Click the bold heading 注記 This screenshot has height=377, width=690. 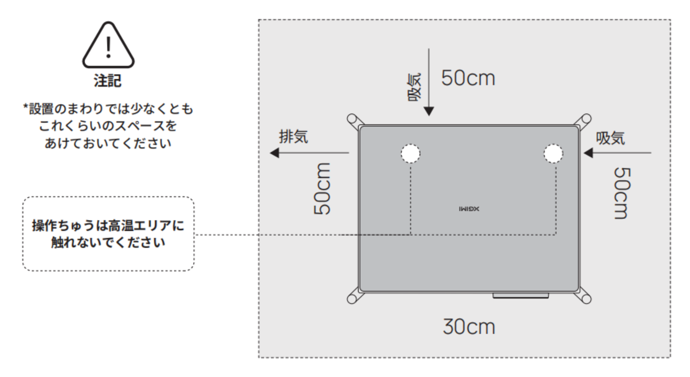(x=108, y=81)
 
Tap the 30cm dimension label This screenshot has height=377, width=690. (x=469, y=327)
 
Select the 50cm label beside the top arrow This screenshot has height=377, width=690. (x=468, y=78)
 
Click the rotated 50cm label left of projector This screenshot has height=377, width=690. (x=322, y=189)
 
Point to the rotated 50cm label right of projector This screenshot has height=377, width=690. (x=622, y=193)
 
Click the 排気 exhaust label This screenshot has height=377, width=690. (x=293, y=136)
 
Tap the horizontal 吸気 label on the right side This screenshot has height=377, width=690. (x=610, y=138)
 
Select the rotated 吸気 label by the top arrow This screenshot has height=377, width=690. (x=415, y=87)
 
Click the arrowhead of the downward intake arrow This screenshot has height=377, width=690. (x=429, y=111)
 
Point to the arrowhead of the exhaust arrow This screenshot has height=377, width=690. (x=274, y=153)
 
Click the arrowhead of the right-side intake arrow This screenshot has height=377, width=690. (x=588, y=153)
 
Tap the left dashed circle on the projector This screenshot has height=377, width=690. (x=410, y=153)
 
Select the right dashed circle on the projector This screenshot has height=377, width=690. (x=553, y=153)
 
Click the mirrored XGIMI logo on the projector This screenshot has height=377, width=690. (x=469, y=209)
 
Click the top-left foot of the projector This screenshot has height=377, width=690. (x=354, y=121)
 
